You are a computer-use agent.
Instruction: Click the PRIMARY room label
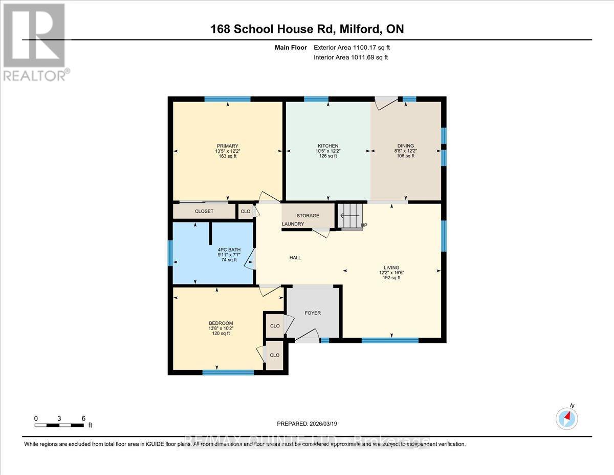click(x=227, y=146)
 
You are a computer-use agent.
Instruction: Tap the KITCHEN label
click(x=327, y=146)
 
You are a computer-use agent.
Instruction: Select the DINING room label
click(x=406, y=146)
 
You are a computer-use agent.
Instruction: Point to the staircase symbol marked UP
click(x=351, y=216)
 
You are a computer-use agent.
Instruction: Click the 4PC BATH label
click(x=227, y=249)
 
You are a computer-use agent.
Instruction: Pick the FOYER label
click(x=313, y=313)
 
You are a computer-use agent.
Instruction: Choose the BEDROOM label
click(x=221, y=323)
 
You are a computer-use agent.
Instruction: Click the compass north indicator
click(x=566, y=418)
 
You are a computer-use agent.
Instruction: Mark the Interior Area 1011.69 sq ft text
click(x=350, y=57)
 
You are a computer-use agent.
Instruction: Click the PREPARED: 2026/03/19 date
click(x=307, y=424)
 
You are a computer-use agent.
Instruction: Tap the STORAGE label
click(x=308, y=216)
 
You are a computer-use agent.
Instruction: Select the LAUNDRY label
click(x=293, y=224)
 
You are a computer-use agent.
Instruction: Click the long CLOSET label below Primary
click(x=204, y=211)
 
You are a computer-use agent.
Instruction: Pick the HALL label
click(x=295, y=257)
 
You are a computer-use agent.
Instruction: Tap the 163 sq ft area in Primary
click(x=227, y=156)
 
